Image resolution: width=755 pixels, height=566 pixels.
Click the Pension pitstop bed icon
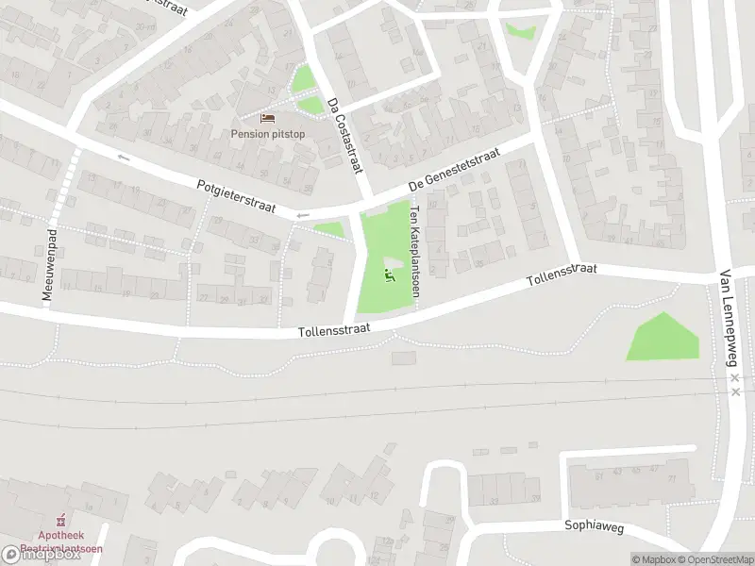(x=268, y=118)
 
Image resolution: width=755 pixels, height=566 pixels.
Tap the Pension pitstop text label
(x=268, y=133)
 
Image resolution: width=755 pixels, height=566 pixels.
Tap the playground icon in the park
(x=389, y=275)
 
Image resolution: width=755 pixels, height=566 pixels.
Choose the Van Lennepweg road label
(x=727, y=316)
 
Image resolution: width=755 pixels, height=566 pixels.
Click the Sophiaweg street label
(x=595, y=529)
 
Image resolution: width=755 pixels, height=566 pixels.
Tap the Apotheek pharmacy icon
(x=63, y=519)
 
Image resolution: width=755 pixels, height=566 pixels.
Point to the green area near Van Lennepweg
(x=663, y=338)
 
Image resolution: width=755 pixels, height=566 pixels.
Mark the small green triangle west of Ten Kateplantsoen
(x=330, y=229)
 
